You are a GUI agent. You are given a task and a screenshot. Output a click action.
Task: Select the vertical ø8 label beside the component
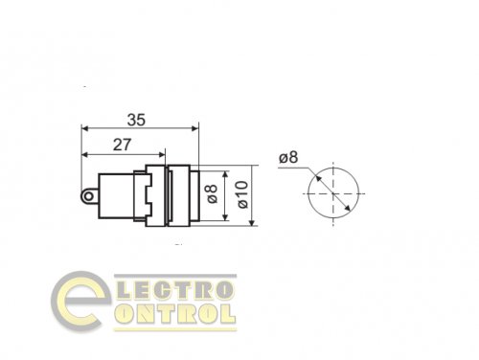coord(215,195)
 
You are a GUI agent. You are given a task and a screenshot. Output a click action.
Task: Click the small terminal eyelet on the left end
coord(89,196)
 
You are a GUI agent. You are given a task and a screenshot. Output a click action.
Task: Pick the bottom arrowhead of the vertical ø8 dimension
coord(224,217)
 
